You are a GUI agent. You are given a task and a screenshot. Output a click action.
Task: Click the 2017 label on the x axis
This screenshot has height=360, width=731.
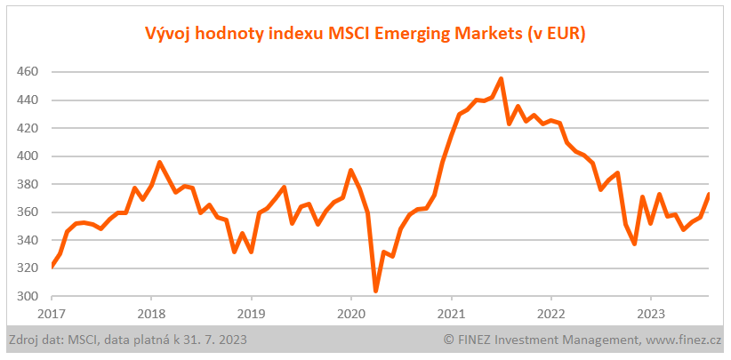coord(52,313)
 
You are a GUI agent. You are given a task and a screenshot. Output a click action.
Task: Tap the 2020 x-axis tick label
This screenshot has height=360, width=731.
coord(351,313)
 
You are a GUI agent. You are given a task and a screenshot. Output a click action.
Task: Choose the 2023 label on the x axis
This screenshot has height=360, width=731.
coord(650,313)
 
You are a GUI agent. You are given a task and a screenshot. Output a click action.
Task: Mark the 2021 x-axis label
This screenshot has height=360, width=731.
coord(451,313)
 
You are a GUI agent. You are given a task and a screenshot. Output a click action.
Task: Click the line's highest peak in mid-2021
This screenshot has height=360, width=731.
coord(502,78)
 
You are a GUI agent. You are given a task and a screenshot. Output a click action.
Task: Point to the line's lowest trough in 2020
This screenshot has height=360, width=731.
coord(376,291)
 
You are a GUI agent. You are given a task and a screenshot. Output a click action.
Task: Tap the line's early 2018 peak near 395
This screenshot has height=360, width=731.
coord(159,163)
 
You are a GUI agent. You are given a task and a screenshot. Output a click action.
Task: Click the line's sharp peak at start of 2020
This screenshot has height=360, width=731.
coord(351,170)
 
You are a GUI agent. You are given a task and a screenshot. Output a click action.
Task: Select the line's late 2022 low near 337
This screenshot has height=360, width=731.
coord(634,244)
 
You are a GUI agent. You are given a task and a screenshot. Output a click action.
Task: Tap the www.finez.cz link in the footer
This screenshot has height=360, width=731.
coord(684,340)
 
